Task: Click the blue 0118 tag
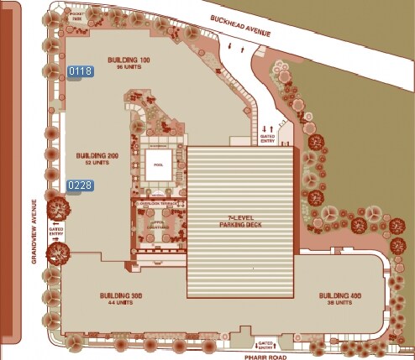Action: click(x=80, y=71)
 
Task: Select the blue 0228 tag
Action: click(x=80, y=185)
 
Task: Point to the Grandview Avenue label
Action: click(x=33, y=230)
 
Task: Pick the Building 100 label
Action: click(x=127, y=60)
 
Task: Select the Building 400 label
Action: click(x=339, y=297)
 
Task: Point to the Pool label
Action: click(x=159, y=165)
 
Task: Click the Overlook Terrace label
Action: click(x=158, y=203)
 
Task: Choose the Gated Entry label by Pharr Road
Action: click(x=265, y=345)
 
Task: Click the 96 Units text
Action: click(x=127, y=67)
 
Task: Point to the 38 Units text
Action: click(x=339, y=304)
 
